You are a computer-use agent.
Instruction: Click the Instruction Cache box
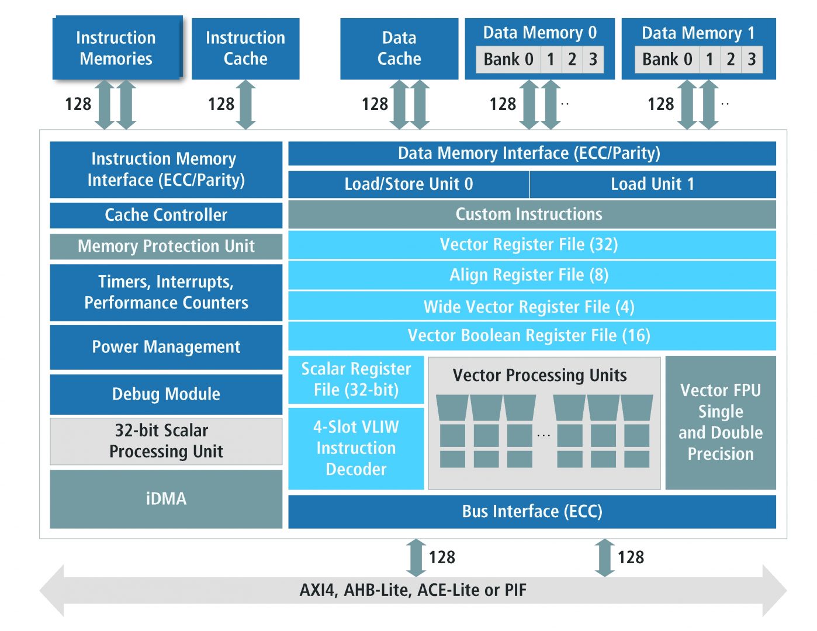tap(245, 48)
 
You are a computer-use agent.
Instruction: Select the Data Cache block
tap(399, 48)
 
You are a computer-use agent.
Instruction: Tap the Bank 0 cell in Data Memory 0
tap(508, 60)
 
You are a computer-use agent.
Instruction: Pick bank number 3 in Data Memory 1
tap(752, 60)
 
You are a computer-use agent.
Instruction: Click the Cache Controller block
tap(166, 215)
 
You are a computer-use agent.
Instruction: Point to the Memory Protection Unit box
tap(166, 246)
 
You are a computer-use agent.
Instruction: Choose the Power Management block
tap(166, 347)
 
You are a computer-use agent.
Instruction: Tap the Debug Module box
tap(166, 394)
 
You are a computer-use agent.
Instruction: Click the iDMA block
tap(166, 499)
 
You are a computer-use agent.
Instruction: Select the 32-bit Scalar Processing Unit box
tap(166, 441)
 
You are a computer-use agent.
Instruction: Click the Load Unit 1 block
tap(652, 184)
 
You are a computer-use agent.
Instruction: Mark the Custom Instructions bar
tap(532, 214)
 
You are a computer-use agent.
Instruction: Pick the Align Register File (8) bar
tap(532, 275)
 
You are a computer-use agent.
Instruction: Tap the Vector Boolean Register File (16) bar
tap(532, 336)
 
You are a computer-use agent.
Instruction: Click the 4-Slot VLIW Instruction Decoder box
tap(356, 448)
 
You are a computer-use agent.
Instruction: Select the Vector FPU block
tap(721, 422)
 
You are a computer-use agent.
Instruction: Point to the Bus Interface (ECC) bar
tap(532, 512)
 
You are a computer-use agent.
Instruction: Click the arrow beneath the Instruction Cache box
tap(246, 105)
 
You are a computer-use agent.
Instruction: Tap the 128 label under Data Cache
tap(375, 105)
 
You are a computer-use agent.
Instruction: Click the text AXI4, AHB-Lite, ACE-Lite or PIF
tap(413, 590)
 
